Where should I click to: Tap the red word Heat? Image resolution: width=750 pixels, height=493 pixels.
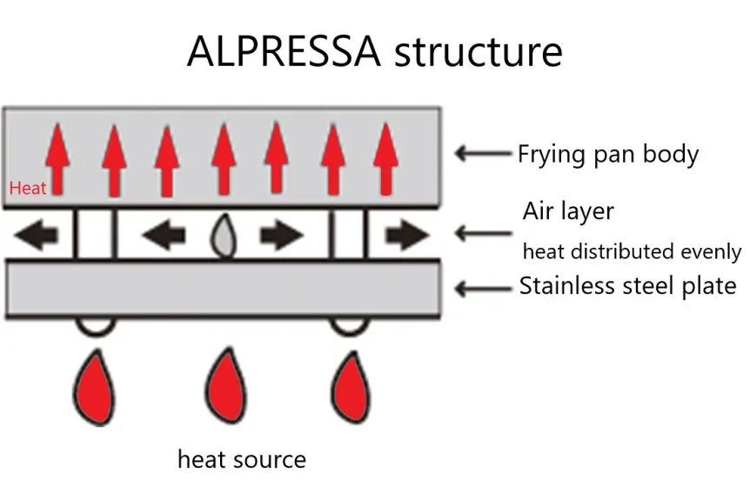pos(28,187)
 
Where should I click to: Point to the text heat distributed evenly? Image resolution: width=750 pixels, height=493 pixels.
pos(632,252)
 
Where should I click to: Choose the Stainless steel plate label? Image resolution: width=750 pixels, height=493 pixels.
pos(627,285)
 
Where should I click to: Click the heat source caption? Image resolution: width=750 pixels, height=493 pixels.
pos(241,458)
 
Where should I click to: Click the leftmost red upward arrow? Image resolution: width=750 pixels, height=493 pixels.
pos(59,158)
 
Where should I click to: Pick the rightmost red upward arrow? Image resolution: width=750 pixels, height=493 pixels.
pos(384,158)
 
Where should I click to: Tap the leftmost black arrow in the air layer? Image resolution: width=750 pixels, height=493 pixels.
pos(37,235)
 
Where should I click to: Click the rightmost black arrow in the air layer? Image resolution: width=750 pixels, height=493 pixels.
pos(408,235)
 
